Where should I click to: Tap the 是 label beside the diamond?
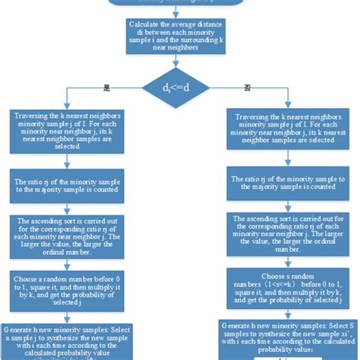[107, 87]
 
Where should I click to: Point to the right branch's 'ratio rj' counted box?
[283, 182]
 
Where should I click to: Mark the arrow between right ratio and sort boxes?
[283, 203]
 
